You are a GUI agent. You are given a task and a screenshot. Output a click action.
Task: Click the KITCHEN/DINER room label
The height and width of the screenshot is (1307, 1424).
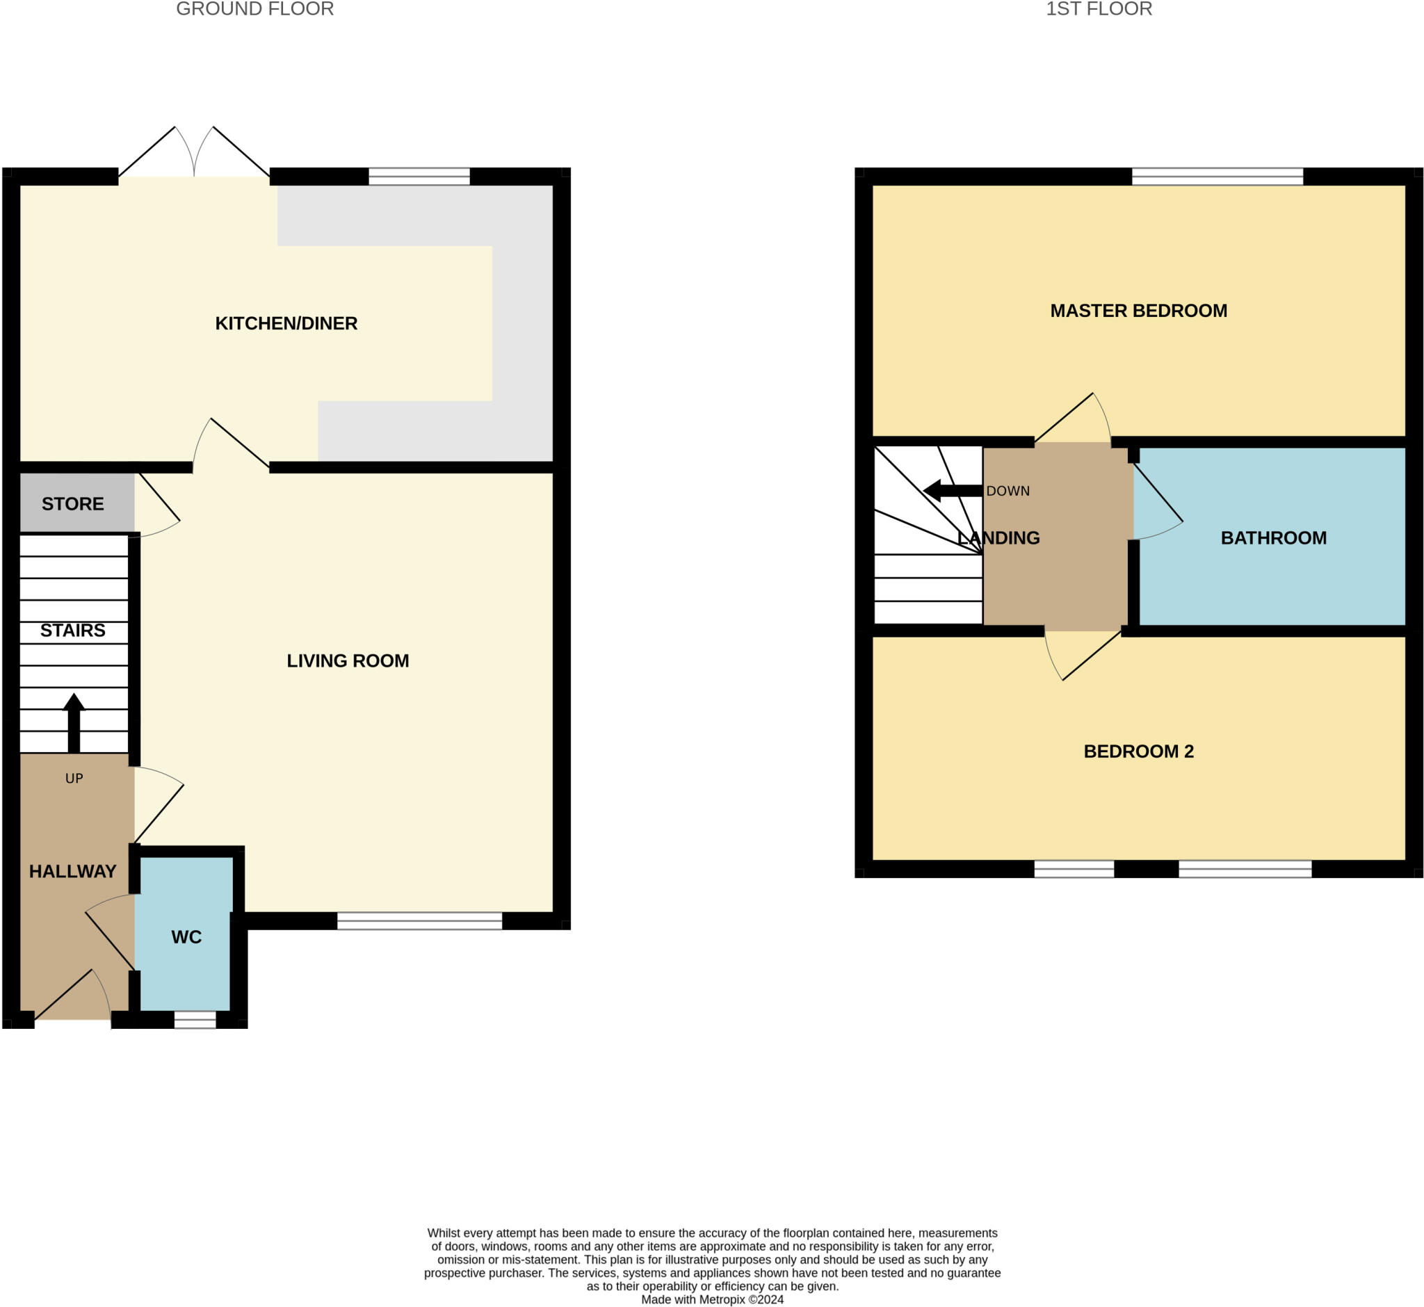pyautogui.click(x=286, y=323)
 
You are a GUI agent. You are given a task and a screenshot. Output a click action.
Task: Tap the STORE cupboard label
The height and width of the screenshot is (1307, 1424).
pyautogui.click(x=72, y=503)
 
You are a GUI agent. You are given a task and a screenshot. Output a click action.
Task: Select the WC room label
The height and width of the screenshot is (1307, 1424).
pyautogui.click(x=186, y=936)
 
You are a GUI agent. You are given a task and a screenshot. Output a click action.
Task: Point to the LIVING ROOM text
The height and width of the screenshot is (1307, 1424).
pyautogui.click(x=348, y=660)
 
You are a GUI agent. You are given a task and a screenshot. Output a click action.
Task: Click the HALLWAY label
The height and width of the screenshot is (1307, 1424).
pyautogui.click(x=72, y=870)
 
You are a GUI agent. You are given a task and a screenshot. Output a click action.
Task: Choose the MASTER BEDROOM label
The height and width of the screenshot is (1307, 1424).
pyautogui.click(x=1138, y=311)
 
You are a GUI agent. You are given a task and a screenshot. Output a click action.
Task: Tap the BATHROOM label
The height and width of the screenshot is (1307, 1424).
pyautogui.click(x=1273, y=537)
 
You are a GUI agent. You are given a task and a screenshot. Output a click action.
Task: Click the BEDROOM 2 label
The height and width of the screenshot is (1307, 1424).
pyautogui.click(x=1138, y=751)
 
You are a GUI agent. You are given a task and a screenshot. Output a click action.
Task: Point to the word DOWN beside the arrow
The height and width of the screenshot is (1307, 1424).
pyautogui.click(x=1008, y=491)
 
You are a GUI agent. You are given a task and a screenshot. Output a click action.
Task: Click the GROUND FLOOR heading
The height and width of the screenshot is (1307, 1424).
pyautogui.click(x=254, y=9)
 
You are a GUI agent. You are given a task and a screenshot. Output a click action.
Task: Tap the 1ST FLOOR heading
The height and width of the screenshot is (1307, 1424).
pyautogui.click(x=1099, y=9)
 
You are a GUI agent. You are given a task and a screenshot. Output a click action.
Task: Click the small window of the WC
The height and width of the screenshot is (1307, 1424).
pyautogui.click(x=195, y=1019)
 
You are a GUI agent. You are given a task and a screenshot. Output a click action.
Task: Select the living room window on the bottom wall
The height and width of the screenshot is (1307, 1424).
pyautogui.click(x=419, y=920)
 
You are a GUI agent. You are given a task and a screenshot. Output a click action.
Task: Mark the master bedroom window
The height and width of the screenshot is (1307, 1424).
pyautogui.click(x=1217, y=176)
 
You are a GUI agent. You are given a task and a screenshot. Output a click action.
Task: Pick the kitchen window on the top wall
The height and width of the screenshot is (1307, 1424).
pyautogui.click(x=419, y=176)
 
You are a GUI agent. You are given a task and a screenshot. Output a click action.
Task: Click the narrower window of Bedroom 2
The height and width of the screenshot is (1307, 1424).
pyautogui.click(x=1073, y=868)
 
